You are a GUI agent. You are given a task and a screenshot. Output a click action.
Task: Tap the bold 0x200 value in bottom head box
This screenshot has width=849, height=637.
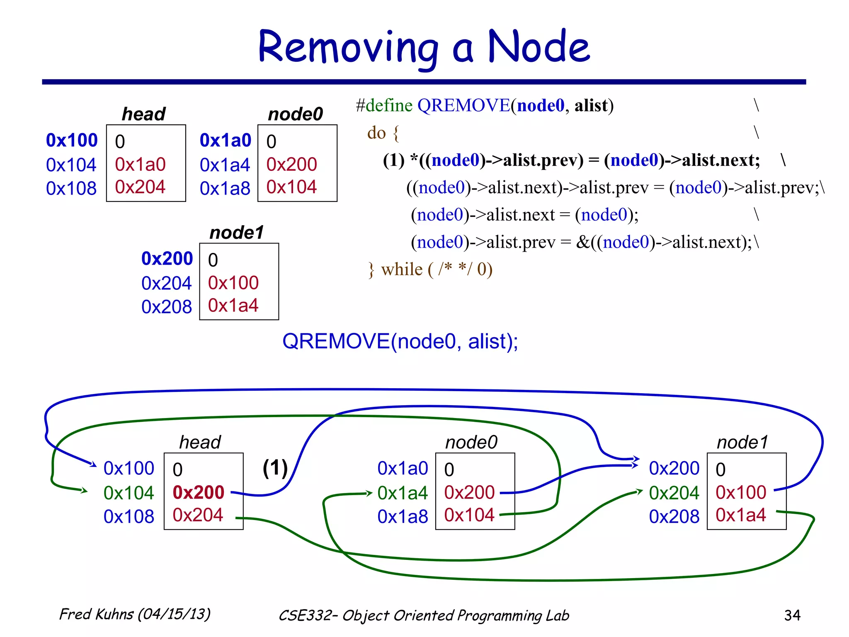point(198,492)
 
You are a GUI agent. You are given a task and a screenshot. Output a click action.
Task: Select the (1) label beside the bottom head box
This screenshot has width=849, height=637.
point(275,468)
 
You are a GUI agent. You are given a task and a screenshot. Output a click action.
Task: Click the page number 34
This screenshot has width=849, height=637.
point(792,615)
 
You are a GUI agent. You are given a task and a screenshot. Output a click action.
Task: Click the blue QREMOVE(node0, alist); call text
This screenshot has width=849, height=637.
point(400,341)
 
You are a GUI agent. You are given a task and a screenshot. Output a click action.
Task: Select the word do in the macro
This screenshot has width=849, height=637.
point(376,133)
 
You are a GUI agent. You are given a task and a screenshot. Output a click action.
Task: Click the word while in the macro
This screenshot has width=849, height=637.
point(401,270)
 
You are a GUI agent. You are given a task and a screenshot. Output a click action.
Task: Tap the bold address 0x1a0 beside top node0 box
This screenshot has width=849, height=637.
point(225,141)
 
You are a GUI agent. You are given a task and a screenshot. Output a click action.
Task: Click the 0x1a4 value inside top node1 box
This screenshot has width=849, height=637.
point(233,306)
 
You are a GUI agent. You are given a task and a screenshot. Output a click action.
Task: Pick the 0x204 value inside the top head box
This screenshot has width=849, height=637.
point(140,187)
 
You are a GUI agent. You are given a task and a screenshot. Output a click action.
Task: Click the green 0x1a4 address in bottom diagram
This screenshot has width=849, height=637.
point(402,493)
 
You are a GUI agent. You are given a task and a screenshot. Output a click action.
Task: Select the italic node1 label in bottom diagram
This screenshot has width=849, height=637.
point(742,442)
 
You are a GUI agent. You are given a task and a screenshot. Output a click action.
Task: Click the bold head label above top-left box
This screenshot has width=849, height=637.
point(143,114)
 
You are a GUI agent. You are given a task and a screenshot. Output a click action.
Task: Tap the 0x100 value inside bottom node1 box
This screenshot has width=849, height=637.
point(740,492)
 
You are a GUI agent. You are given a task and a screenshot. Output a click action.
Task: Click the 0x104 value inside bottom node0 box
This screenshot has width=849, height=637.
point(469,515)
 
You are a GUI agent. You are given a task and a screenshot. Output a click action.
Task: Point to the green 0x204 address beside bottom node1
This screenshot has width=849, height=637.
point(674,493)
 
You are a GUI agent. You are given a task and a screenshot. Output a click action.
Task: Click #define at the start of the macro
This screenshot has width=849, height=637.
point(384,106)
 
